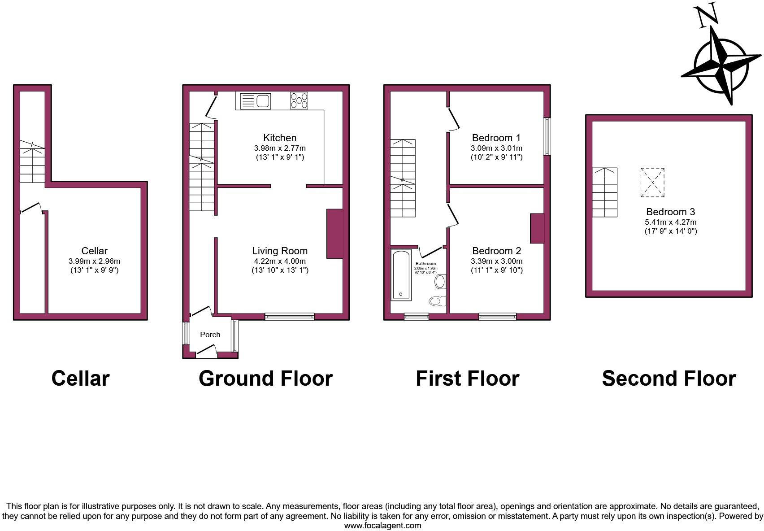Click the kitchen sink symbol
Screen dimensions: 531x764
(x=256, y=101)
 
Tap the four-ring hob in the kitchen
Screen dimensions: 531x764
(x=299, y=100)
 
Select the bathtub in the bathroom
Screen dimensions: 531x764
(x=401, y=275)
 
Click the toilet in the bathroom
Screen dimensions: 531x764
(x=438, y=300)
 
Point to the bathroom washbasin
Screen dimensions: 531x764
(x=440, y=282)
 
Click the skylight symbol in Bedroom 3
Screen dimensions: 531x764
(x=652, y=183)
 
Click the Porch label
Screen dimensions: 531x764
(x=210, y=335)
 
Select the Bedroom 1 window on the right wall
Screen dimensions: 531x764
(x=547, y=136)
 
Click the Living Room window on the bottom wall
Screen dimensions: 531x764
(x=289, y=317)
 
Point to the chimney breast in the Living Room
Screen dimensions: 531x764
(x=335, y=234)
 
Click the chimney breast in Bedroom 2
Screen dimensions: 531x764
(x=537, y=229)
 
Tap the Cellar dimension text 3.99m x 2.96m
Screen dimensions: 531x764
(x=94, y=261)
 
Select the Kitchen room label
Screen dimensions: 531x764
(x=280, y=138)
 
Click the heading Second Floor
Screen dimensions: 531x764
(x=668, y=378)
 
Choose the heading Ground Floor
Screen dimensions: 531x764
(x=265, y=378)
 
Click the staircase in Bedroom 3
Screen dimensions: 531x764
(x=604, y=192)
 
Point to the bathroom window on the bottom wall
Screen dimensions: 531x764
(x=417, y=317)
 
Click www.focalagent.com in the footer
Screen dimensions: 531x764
(x=382, y=526)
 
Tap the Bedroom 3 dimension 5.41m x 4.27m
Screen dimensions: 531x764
(x=670, y=222)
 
